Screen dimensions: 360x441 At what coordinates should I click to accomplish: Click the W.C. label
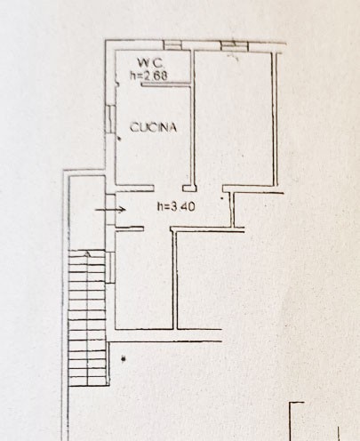pos(150,63)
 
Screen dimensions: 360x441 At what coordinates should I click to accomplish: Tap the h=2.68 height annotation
pos(148,76)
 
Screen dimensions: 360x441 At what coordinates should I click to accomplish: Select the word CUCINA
pos(153,127)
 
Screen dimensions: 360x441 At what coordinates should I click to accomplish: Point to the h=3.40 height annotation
pos(176,206)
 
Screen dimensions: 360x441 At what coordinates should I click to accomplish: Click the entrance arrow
pos(110,210)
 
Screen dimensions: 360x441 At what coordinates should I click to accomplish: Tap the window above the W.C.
pos(172,45)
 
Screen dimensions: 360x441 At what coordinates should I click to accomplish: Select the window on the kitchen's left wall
pos(110,119)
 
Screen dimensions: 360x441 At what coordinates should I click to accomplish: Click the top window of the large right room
pos(235,46)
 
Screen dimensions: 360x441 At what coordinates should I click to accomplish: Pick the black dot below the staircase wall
pos(124,359)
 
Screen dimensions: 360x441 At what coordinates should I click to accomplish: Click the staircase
pos(87,317)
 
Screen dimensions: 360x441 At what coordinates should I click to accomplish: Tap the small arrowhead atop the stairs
pos(87,253)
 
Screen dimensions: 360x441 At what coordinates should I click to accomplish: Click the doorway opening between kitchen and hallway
pos(168,188)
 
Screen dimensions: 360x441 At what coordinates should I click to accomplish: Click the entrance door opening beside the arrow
pos(110,210)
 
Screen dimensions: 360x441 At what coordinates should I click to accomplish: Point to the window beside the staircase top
pos(110,268)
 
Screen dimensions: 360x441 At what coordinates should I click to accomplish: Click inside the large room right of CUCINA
pos(234,118)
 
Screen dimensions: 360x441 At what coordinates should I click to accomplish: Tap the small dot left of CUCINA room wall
pos(119,139)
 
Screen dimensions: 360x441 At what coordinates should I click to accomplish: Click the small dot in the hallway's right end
pos(222,198)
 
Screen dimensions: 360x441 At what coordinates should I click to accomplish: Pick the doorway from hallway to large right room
pos(210,188)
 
